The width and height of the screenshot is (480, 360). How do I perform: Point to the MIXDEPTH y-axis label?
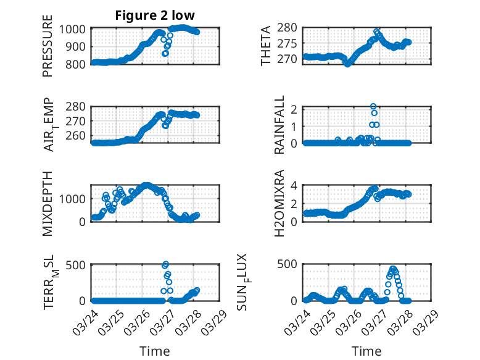48,203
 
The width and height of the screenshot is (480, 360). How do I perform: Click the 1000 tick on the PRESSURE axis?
75,29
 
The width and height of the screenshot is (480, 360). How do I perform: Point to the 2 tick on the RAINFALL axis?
296,109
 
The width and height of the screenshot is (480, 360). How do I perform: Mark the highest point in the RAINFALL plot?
373,106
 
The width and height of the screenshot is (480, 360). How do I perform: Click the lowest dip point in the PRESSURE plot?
165,54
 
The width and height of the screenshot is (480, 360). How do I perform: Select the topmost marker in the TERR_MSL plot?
165,264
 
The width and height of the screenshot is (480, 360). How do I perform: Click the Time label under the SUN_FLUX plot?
366,351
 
